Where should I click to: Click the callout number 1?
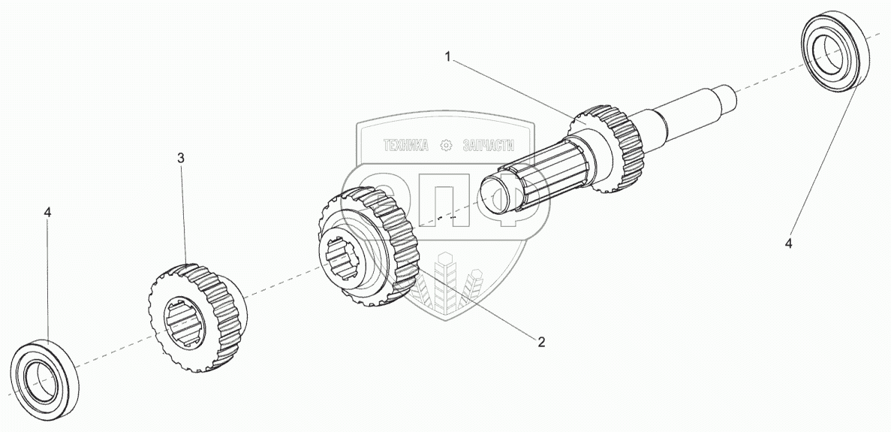coord(448,57)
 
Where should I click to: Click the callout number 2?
coord(541,342)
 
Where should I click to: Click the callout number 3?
coord(181,159)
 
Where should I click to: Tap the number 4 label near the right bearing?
coord(788,243)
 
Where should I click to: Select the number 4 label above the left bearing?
coord(47,213)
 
